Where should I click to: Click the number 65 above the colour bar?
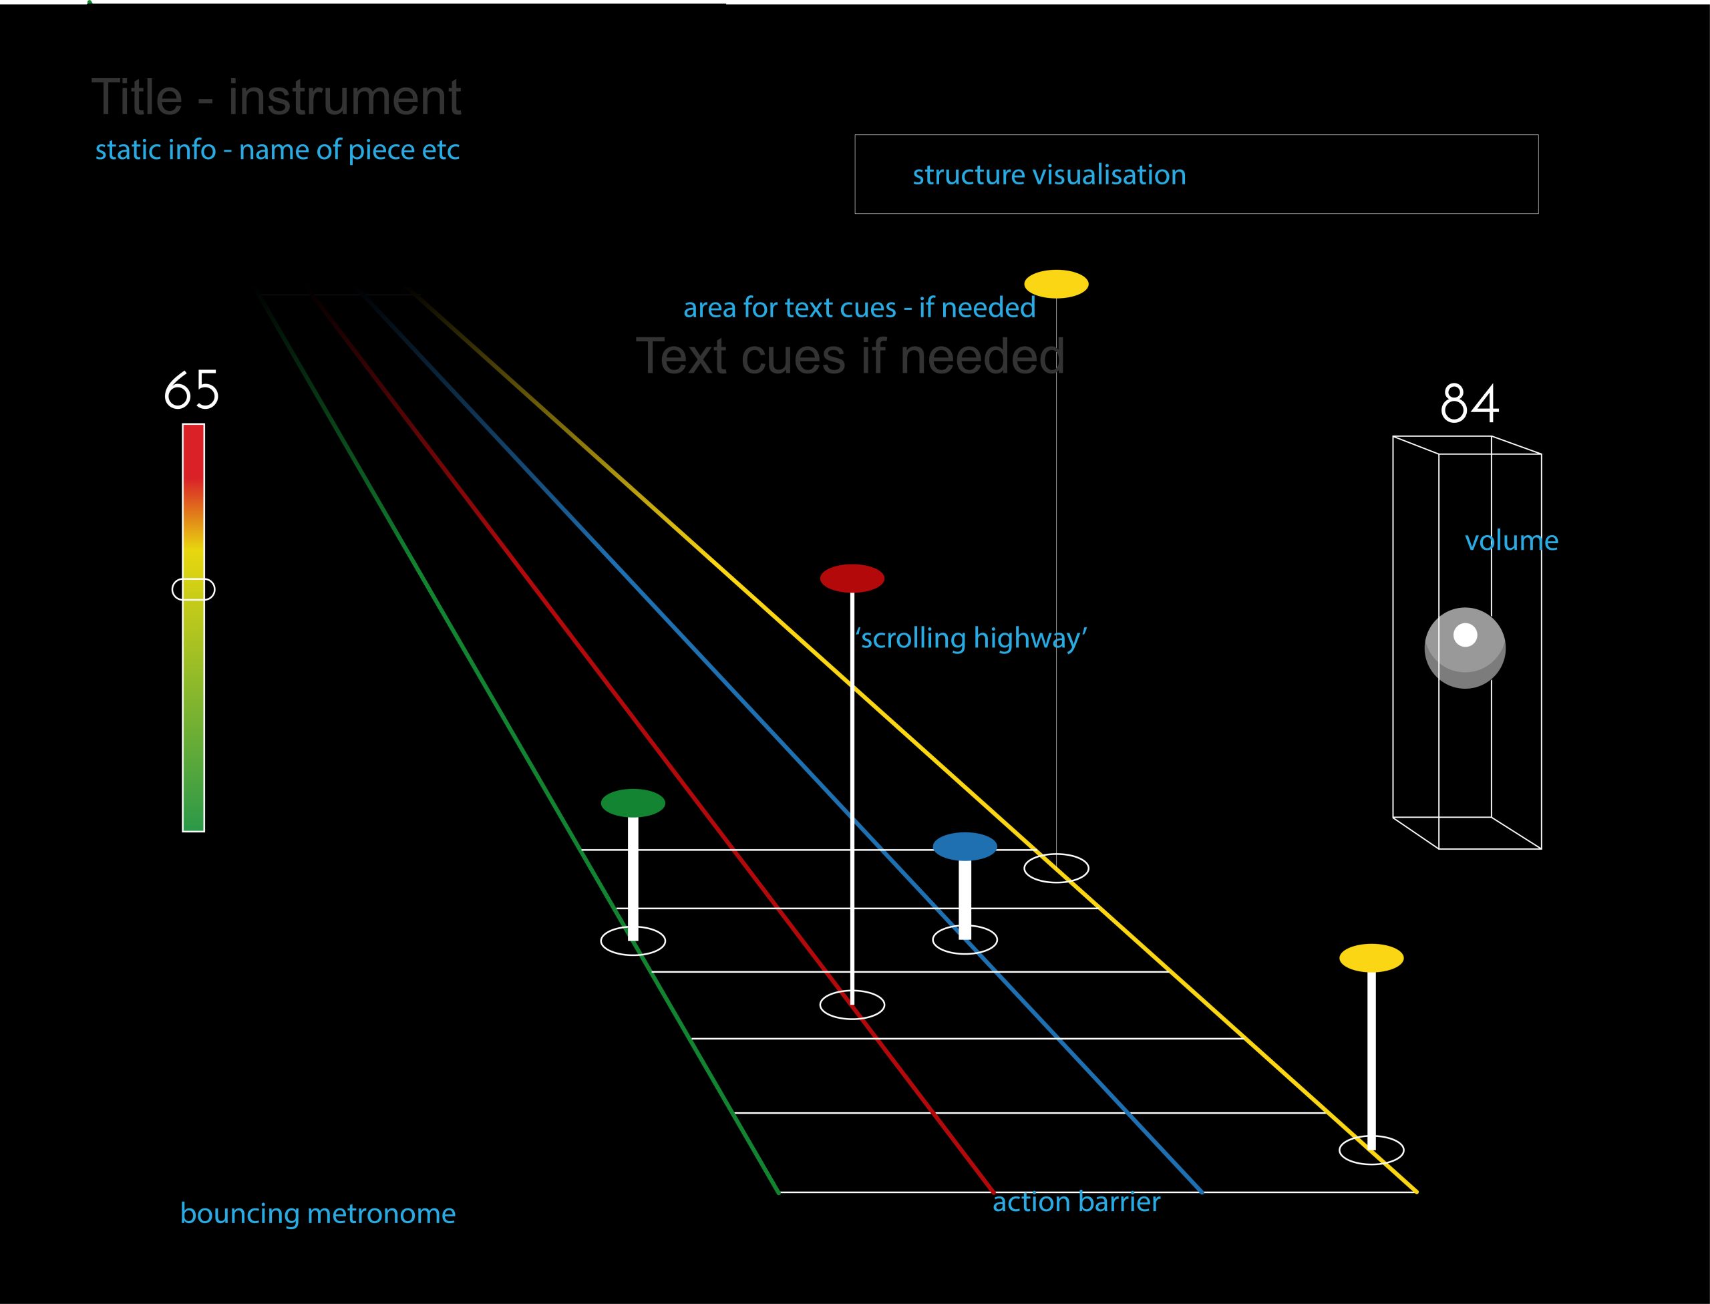click(192, 389)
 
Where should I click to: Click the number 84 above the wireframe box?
click(1470, 403)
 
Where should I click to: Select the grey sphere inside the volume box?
click(1465, 647)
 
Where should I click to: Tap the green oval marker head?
click(633, 802)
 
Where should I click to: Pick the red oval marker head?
click(852, 579)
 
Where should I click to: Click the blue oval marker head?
click(964, 846)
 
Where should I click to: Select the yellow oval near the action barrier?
click(1371, 958)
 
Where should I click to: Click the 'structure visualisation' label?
click(1049, 174)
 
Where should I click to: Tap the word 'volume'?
click(1510, 540)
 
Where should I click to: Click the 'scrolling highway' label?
click(971, 637)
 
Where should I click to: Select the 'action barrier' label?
click(1076, 1202)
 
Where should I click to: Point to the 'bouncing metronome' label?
click(317, 1213)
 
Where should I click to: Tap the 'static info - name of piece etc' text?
click(277, 150)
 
